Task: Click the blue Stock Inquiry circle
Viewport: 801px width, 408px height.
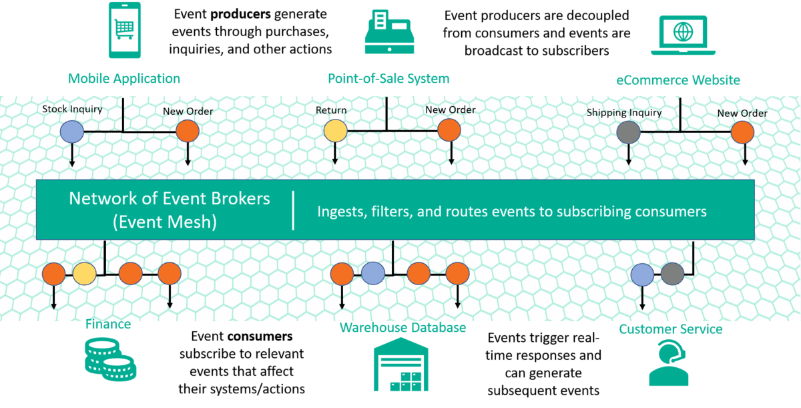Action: point(71,132)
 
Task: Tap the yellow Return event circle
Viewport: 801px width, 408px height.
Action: point(335,132)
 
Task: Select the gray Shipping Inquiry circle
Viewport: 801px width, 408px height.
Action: point(628,132)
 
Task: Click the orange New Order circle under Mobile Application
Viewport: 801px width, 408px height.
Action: point(188,132)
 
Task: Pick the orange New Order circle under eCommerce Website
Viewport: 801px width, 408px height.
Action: point(742,132)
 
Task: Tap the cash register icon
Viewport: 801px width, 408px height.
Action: point(388,32)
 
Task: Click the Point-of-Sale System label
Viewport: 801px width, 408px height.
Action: point(388,79)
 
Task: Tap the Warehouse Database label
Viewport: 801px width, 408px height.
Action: point(403,328)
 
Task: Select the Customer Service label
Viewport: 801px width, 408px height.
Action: point(670,329)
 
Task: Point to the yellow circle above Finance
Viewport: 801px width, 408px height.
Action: point(85,273)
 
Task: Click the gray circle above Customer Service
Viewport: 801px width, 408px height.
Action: point(672,273)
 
